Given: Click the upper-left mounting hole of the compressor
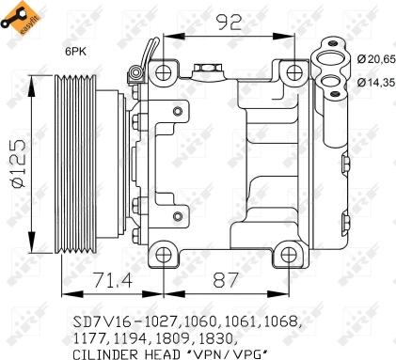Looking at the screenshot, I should [166, 71].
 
